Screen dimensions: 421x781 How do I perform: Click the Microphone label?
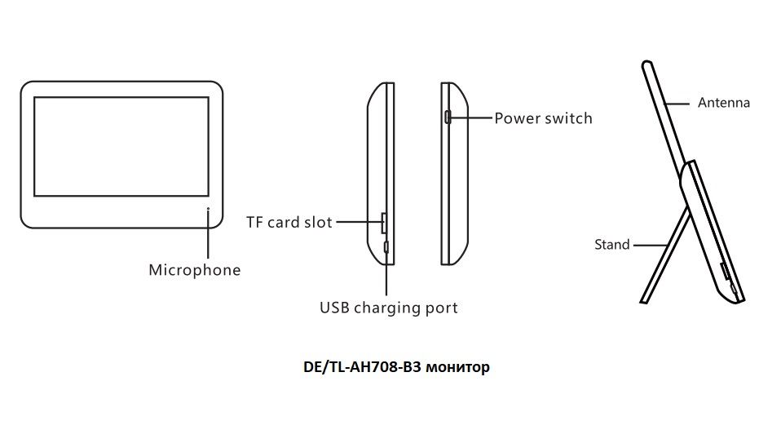pos(194,270)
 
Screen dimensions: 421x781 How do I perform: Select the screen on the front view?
pos(121,146)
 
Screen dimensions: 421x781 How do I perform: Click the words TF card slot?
pos(289,221)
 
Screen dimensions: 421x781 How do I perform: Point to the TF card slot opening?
pos(385,221)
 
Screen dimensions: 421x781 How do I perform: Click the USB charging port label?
pos(388,308)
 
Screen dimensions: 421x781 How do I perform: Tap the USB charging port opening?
pos(386,246)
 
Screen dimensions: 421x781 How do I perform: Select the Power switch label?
pos(543,118)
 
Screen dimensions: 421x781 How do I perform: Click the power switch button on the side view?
pos(447,117)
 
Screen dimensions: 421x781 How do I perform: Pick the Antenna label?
pos(723,103)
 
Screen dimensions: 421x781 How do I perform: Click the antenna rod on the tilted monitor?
pos(664,114)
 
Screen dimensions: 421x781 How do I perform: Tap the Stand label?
pos(611,244)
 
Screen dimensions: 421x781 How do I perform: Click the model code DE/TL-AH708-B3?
pos(366,367)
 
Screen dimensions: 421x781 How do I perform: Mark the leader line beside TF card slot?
pos(358,221)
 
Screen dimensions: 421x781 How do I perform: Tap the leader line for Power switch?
pos(471,118)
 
